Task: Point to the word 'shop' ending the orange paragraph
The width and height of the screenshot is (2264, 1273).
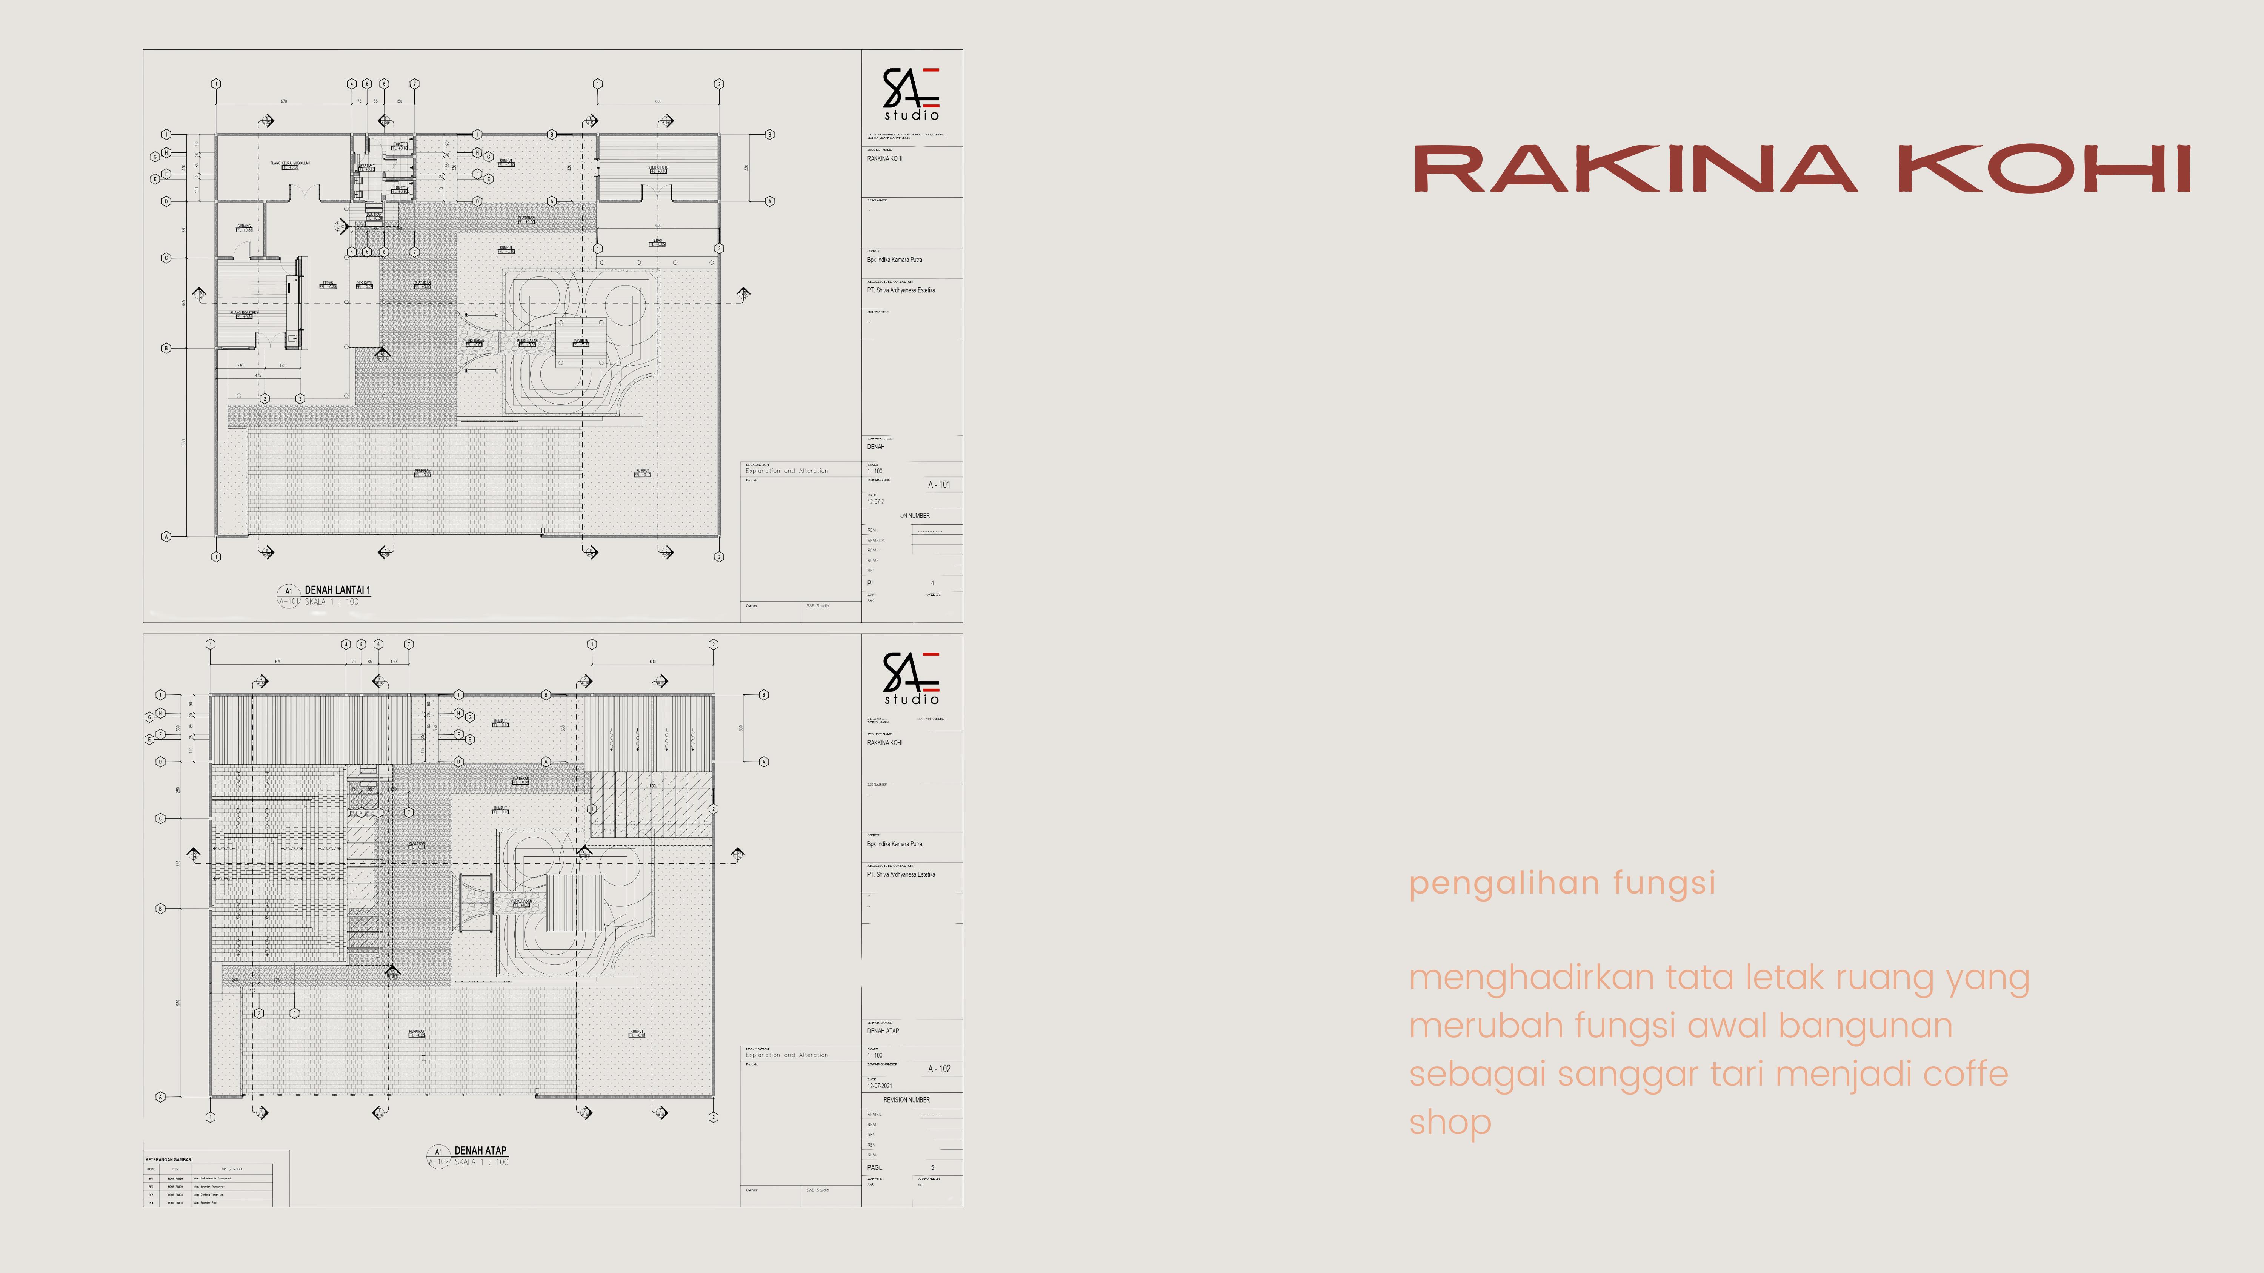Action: [1450, 1123]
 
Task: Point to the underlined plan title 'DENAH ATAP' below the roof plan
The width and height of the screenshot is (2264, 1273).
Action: [480, 1150]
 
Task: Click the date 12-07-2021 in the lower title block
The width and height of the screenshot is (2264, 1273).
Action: [880, 1086]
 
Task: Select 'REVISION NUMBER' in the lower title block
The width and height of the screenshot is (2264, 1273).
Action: [906, 1100]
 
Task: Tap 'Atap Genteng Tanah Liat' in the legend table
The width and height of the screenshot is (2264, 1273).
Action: [209, 1195]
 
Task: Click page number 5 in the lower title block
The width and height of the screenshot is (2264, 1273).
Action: [932, 1167]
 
